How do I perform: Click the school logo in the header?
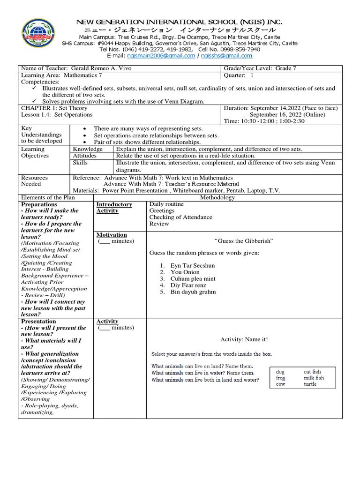pos(39,38)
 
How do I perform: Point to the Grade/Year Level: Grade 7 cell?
pos(260,68)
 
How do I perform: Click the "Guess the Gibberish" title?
pos(243,241)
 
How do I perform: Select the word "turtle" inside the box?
pos(310,384)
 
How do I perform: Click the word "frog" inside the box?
pos(280,377)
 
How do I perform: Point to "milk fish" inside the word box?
pos(314,377)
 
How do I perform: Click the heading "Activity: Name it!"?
pos(244,339)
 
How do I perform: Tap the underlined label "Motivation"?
pos(112,234)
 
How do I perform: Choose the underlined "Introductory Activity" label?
pos(114,208)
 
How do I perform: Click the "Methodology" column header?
pos(217,198)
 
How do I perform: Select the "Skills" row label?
pos(81,162)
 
